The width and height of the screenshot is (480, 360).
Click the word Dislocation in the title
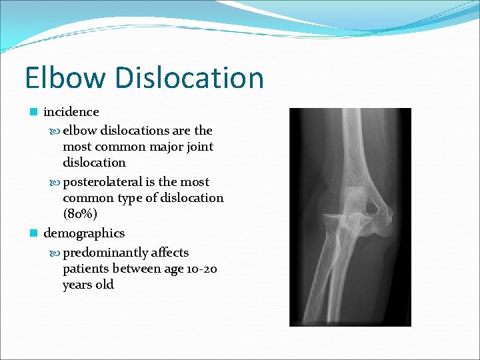(189, 77)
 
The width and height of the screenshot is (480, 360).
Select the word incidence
(71, 112)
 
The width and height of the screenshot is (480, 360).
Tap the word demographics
(84, 233)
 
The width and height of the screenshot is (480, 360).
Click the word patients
(88, 269)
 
